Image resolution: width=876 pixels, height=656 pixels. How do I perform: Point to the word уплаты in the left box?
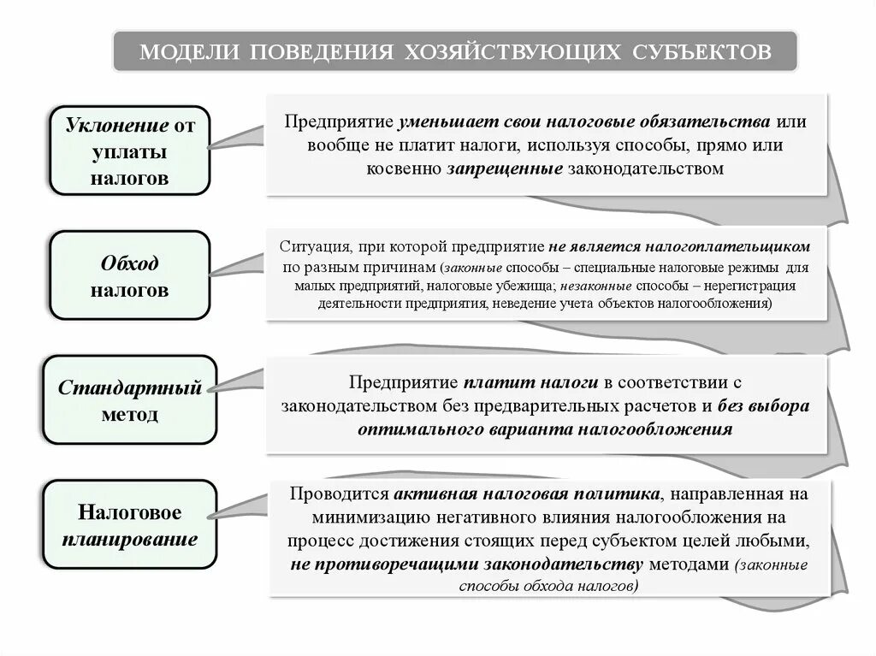[x=128, y=152]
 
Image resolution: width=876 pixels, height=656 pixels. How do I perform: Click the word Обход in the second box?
[x=129, y=263]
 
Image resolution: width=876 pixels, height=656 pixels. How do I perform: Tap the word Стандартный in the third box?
[x=130, y=387]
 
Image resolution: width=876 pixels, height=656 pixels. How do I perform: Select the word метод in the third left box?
[x=129, y=414]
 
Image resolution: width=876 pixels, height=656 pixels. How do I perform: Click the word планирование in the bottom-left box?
[x=129, y=540]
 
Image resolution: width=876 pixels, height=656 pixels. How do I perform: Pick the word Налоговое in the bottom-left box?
[x=129, y=513]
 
